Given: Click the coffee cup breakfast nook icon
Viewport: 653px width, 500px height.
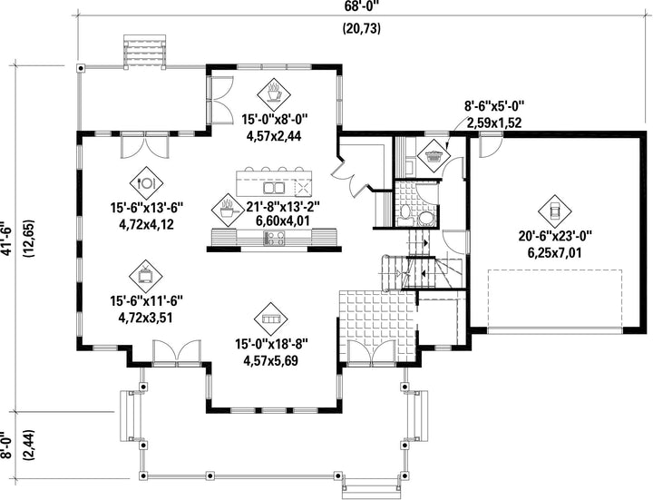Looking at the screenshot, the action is pos(274,93).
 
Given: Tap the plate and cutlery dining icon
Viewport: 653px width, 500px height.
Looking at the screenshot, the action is pos(146,182).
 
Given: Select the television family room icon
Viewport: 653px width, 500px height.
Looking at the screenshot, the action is pos(146,275).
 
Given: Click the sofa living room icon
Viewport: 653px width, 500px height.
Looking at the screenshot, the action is pos(270,319).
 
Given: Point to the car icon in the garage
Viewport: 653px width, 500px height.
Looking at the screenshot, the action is pos(554,211).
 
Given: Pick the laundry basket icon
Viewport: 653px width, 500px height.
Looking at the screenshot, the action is pos(434,156).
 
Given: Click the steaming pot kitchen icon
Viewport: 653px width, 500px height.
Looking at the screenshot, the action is pos(228,210).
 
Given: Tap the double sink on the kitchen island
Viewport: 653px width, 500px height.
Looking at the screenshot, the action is pos(274,188).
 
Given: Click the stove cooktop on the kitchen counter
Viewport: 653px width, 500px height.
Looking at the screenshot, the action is pos(274,238).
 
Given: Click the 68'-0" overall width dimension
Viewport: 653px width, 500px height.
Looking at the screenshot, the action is pos(361,5).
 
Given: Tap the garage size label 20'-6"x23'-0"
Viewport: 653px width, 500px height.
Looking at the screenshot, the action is pos(555,237).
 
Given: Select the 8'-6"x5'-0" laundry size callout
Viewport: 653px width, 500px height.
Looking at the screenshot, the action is pos(494,106).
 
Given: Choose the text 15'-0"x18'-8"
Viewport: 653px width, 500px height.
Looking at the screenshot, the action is pos(271,345).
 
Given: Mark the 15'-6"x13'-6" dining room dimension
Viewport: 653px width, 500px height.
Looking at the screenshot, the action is pos(147,208).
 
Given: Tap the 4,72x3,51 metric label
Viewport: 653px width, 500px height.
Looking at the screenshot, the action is pos(146,318).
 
